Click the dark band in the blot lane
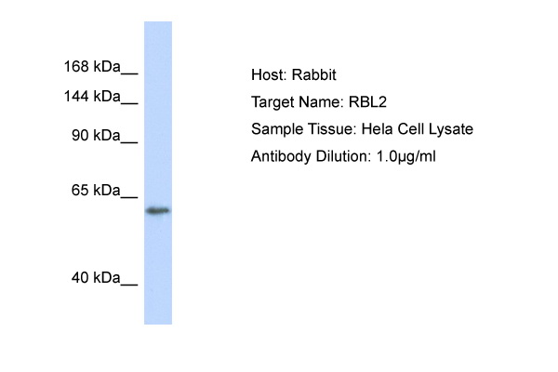(158, 211)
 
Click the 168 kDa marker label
(92, 67)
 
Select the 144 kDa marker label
(92, 97)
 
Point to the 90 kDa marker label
(96, 136)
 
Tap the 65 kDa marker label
(96, 191)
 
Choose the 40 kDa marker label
(96, 278)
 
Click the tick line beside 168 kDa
(129, 73)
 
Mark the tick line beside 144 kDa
(129, 103)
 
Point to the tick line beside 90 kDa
(129, 142)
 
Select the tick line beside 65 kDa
(129, 197)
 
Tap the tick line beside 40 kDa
(129, 285)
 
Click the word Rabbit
(314, 74)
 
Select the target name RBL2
(367, 102)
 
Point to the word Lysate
(451, 129)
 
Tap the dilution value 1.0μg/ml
(406, 156)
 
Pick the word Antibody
(281, 156)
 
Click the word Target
(272, 102)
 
